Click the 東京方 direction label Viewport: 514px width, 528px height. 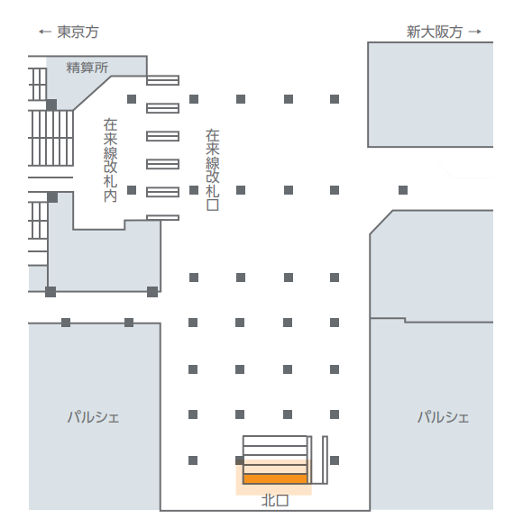78,32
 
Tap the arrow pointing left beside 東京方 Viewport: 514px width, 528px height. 45,32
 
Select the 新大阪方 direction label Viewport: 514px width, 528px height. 434,32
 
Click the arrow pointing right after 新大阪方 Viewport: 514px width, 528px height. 475,32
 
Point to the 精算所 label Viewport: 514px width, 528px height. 87,68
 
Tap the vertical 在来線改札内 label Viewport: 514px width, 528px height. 110,160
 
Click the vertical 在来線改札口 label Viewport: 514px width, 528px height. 213,170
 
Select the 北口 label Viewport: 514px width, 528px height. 275,501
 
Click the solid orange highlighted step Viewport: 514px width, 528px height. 275,478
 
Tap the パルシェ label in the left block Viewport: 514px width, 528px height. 94,417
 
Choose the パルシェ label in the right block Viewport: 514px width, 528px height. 444,417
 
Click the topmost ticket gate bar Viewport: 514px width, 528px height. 163,80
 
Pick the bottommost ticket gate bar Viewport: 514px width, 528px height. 163,217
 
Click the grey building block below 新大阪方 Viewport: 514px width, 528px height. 430,95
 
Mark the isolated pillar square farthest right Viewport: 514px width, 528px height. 403,190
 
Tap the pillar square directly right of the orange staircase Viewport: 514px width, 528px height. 335,460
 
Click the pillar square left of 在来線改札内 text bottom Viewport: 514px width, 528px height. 132,190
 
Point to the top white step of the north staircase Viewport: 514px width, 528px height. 275,441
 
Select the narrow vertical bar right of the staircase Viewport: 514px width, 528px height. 325,460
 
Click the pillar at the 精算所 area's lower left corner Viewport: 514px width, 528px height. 51,105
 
